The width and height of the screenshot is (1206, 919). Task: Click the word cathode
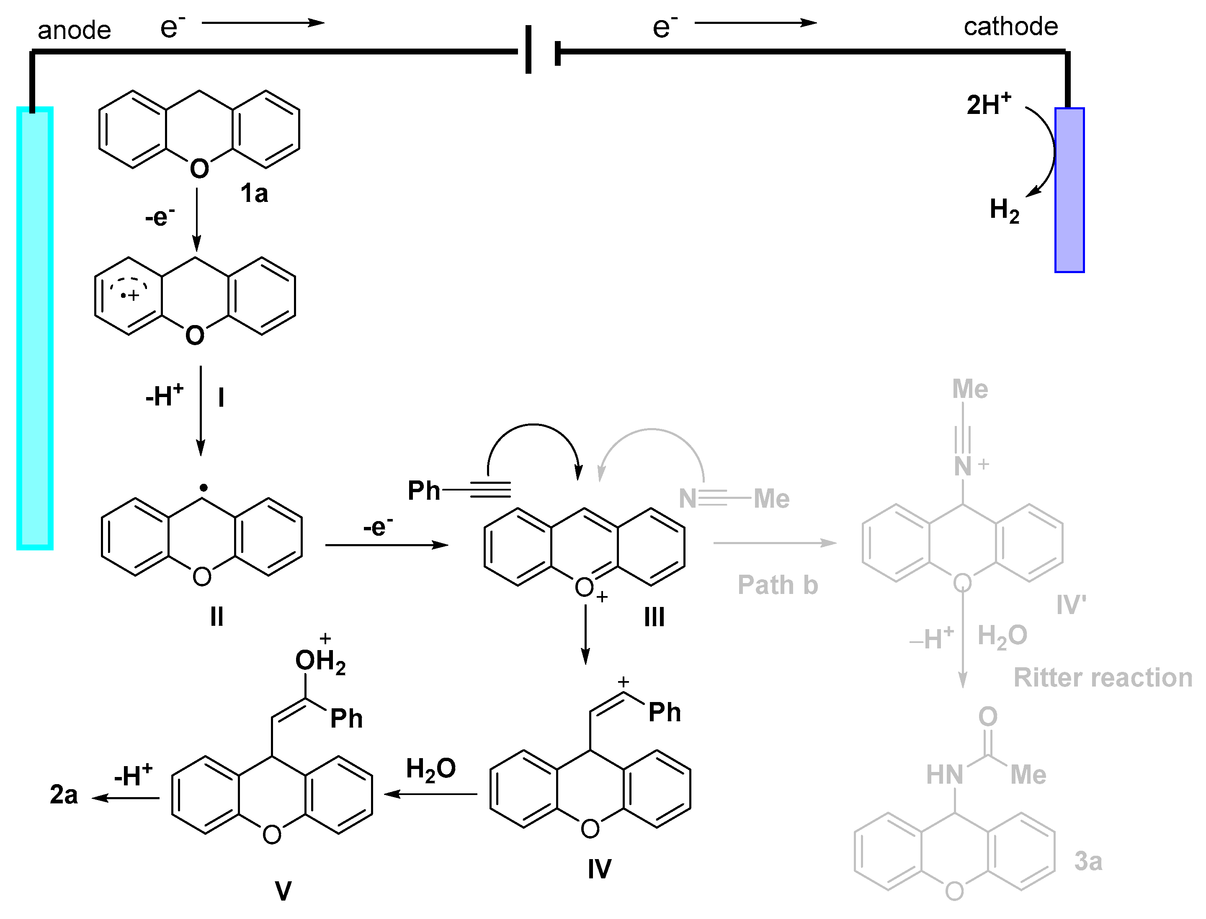coord(1011,26)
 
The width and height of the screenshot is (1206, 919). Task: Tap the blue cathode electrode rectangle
coord(1069,190)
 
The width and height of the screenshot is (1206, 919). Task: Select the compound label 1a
coord(254,193)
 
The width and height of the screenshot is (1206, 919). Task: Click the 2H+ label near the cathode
coord(988,104)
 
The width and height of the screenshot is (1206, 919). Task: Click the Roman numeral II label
coord(216,617)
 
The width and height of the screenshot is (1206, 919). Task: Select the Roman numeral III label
coord(654,617)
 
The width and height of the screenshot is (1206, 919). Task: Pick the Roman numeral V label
coord(283,891)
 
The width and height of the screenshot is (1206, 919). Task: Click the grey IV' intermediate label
coord(1071,605)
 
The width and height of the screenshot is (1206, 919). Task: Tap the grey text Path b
coord(777,585)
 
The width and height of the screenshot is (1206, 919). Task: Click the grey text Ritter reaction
coord(1103,677)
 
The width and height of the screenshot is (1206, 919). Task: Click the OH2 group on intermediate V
coord(320,661)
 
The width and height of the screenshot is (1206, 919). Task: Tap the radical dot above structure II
coord(203,486)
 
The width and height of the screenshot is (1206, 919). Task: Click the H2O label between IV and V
coord(430,769)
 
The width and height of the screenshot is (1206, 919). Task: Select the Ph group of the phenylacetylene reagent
coord(424,490)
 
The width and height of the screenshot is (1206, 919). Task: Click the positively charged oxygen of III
coord(584,588)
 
